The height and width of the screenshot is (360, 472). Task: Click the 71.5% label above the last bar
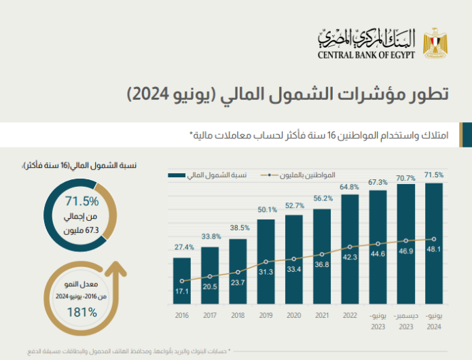pos(434,175)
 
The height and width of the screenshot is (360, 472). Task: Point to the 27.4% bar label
pos(182,247)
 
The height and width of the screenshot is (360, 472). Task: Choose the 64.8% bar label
pos(350,186)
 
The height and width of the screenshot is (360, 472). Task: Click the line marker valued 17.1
pos(182,281)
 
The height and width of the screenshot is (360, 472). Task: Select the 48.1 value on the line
pos(434,239)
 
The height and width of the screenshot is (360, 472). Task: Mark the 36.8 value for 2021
pos(322,265)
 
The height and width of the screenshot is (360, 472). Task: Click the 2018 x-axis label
pos(238,317)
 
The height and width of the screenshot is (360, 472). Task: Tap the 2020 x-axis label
pos(294,317)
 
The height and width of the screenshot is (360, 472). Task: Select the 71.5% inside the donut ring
pos(82,201)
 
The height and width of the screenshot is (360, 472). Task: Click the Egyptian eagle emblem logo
pos(433,42)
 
